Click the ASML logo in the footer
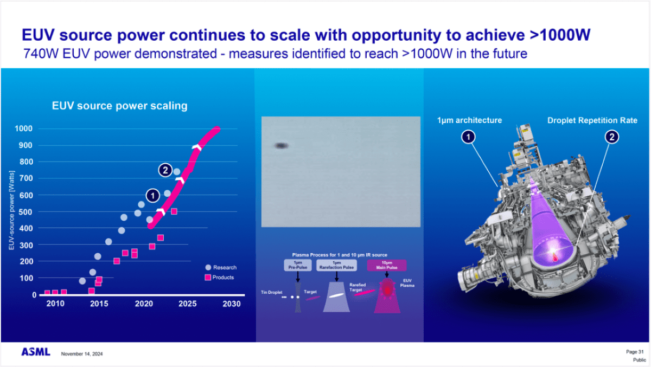click(x=36, y=352)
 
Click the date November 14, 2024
click(x=82, y=354)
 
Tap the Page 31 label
click(x=635, y=352)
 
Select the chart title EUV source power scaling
click(x=119, y=106)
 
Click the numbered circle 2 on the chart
click(x=165, y=170)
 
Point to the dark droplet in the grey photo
click(x=280, y=145)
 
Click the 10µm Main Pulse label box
click(x=387, y=265)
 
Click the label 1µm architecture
click(x=469, y=120)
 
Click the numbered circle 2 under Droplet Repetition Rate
click(x=611, y=138)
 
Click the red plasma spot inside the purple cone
click(x=554, y=256)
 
